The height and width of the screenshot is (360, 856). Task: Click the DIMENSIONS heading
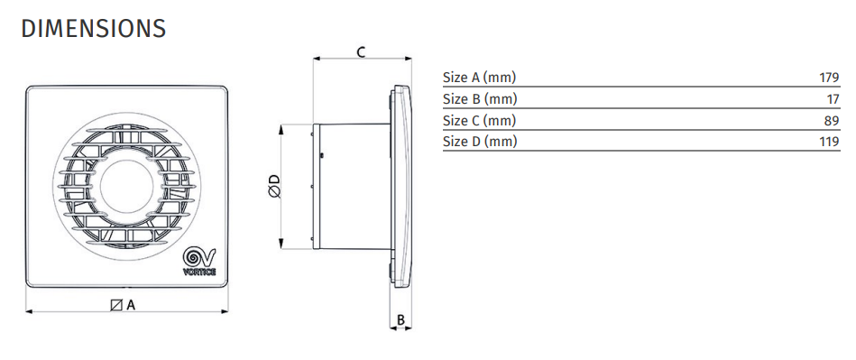tap(93, 28)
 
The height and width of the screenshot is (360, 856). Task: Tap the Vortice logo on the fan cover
tap(199, 262)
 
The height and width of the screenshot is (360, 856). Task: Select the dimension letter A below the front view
tap(131, 305)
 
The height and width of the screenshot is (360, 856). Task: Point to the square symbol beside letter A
tap(115, 305)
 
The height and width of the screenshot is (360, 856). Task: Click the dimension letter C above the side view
tap(361, 52)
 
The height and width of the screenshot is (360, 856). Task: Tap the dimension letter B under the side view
tap(400, 319)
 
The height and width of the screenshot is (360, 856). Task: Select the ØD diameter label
tap(274, 186)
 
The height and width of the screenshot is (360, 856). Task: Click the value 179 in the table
tap(829, 78)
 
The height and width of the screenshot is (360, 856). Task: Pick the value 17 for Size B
tap(833, 99)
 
